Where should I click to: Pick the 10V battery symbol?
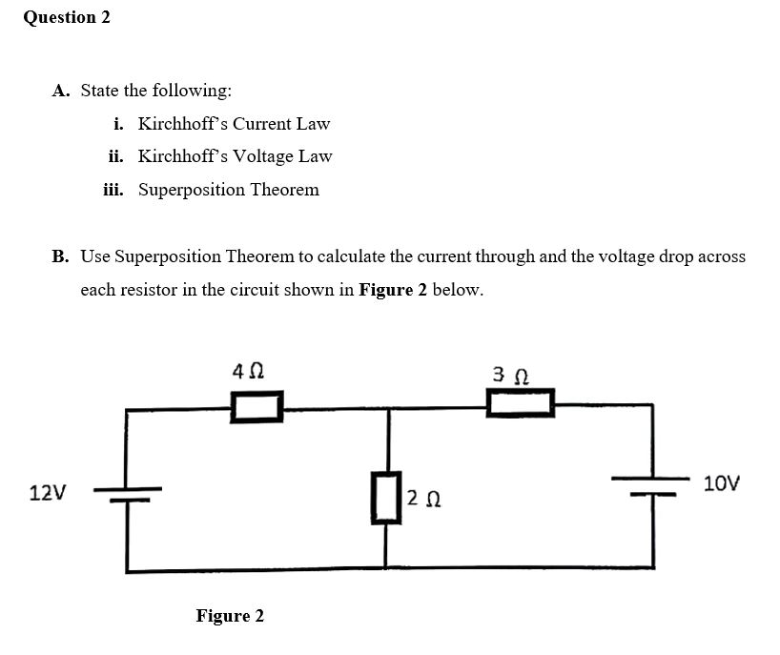click(653, 488)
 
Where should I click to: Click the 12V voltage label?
click(48, 493)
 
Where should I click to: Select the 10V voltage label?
click(721, 483)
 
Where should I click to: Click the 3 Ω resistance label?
click(516, 372)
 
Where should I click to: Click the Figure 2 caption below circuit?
click(230, 616)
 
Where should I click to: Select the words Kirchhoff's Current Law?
click(234, 124)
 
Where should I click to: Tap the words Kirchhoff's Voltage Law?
click(235, 156)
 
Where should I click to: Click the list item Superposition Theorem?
click(229, 190)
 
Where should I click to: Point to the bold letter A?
click(61, 92)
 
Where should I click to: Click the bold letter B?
click(61, 256)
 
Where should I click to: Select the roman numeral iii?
click(114, 190)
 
